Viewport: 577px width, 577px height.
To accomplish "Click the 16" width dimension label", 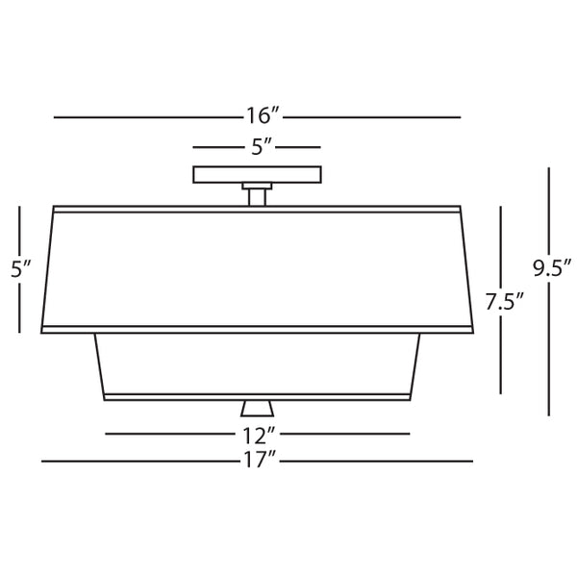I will point(262,116).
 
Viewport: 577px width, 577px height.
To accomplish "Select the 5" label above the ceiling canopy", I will point(257,147).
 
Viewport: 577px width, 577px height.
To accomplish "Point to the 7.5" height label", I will point(503,301).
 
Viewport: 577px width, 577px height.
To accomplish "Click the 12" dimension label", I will point(258,434).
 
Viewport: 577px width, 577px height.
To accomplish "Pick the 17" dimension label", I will point(258,461).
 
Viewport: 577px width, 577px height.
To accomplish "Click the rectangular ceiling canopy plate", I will point(257,174).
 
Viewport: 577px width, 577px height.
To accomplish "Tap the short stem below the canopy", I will point(257,196).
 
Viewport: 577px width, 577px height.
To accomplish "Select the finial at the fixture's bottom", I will point(257,407).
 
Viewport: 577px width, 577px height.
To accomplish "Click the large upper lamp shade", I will point(257,269).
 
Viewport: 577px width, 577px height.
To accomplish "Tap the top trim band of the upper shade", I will point(257,208).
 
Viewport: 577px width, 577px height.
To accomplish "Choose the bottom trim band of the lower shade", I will point(257,395).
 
